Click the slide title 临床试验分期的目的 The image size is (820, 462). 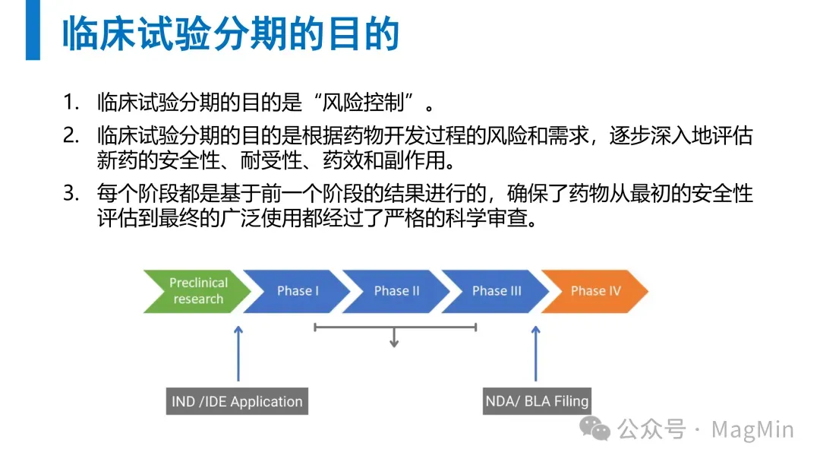pos(230,33)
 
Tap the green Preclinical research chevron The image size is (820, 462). pos(196,291)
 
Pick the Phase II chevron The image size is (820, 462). pos(396,291)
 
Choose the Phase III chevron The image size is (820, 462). pos(497,291)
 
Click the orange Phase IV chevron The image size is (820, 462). pos(596,291)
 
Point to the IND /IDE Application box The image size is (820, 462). pos(237,401)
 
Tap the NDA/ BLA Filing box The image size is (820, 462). pos(537,400)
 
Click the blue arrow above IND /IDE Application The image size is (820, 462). pos(238,353)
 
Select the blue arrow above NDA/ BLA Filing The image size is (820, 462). pos(536,353)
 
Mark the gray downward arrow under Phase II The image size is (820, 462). pos(394,339)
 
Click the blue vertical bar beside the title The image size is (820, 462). pos(33,30)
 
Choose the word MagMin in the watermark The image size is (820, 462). pos(752,429)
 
